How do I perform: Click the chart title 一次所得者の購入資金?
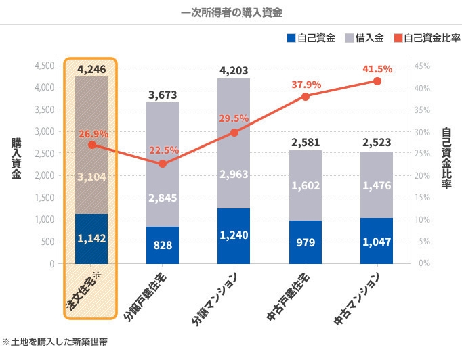232,12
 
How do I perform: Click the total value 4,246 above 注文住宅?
91,69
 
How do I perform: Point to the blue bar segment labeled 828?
163,245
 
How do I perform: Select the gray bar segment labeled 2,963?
234,173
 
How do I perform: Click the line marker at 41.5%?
377,81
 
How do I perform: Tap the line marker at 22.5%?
163,164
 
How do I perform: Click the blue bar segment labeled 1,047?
377,241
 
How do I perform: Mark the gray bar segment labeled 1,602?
306,187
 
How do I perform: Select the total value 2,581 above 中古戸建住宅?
306,143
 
